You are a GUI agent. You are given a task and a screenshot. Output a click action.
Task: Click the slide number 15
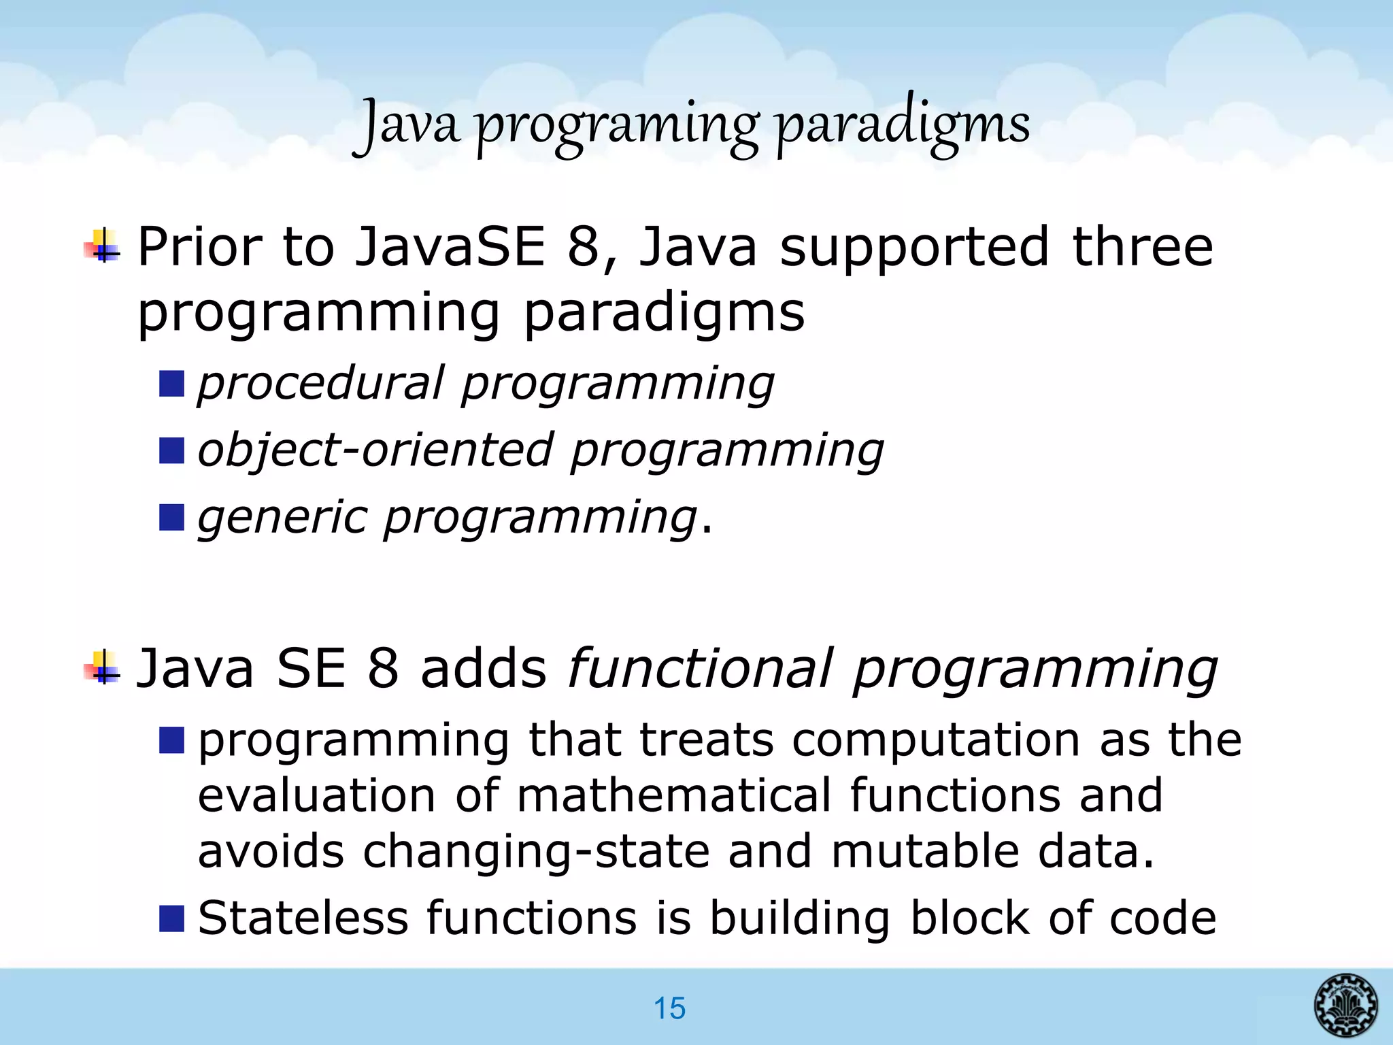pos(669,1008)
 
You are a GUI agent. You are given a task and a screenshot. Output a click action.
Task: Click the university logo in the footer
pos(1345,1004)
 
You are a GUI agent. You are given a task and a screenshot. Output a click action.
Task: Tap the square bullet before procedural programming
pos(171,384)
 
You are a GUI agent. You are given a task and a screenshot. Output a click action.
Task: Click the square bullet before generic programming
pos(171,517)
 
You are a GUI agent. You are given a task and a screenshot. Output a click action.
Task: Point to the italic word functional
pos(700,668)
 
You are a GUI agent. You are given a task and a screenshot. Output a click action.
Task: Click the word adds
pos(483,668)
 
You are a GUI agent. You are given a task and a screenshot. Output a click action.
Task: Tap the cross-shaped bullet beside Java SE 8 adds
pos(102,668)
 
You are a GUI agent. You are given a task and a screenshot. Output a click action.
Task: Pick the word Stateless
pos(303,918)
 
